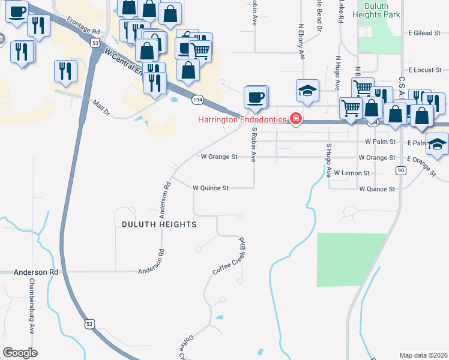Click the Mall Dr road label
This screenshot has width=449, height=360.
click(102, 108)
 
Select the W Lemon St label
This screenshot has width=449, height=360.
click(349, 173)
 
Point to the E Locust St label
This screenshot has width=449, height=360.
click(424, 71)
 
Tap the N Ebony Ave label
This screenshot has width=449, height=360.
click(302, 42)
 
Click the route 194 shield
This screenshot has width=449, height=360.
click(197, 98)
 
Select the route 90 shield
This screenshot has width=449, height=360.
click(400, 171)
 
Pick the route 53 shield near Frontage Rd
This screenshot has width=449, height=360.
click(95, 43)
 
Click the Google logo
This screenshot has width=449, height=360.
click(20, 353)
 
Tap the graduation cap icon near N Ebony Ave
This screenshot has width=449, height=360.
click(307, 91)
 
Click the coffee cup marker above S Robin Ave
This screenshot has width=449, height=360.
click(256, 97)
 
